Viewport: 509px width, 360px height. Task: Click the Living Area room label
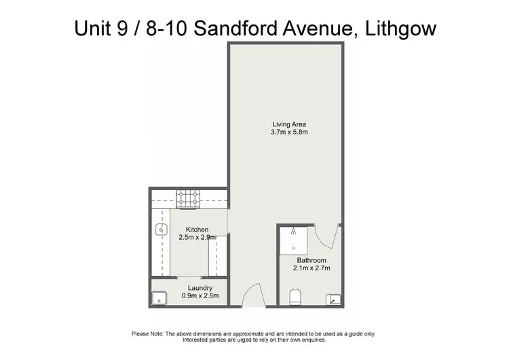coord(290,124)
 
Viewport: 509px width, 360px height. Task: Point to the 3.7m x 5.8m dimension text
coord(290,132)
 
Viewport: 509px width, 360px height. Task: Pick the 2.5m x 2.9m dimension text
coord(197,238)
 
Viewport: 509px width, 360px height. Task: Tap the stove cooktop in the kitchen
coord(188,198)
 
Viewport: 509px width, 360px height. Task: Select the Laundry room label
coord(195,288)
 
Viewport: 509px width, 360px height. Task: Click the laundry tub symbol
coord(160,297)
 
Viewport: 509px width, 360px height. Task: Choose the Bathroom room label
coord(312,260)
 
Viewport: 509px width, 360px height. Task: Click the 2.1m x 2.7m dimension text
coord(312,268)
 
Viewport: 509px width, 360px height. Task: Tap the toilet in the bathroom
coord(295,298)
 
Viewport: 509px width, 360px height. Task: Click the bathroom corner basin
coord(334,298)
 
